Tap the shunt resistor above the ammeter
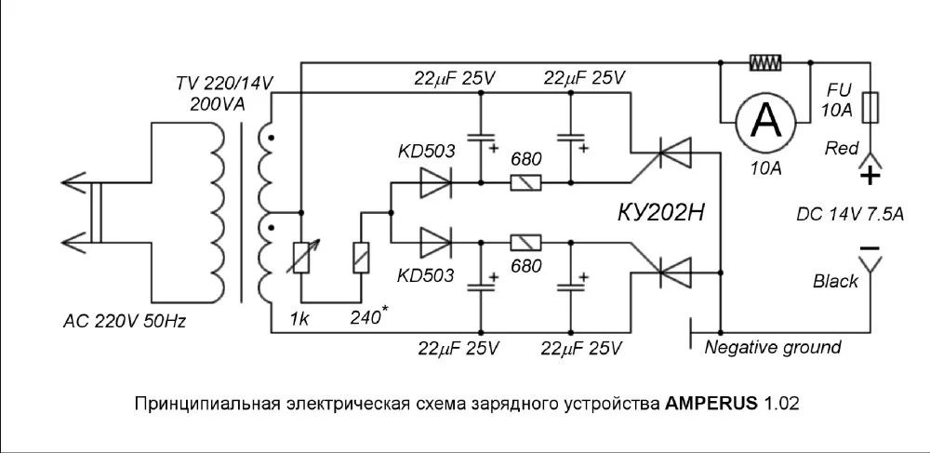click(x=765, y=63)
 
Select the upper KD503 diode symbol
click(x=434, y=183)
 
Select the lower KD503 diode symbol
click(x=434, y=243)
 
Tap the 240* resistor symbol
click(x=361, y=257)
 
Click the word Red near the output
click(x=843, y=148)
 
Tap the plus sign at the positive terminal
click(x=869, y=174)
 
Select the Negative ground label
click(x=773, y=348)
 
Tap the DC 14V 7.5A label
click(x=850, y=213)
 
